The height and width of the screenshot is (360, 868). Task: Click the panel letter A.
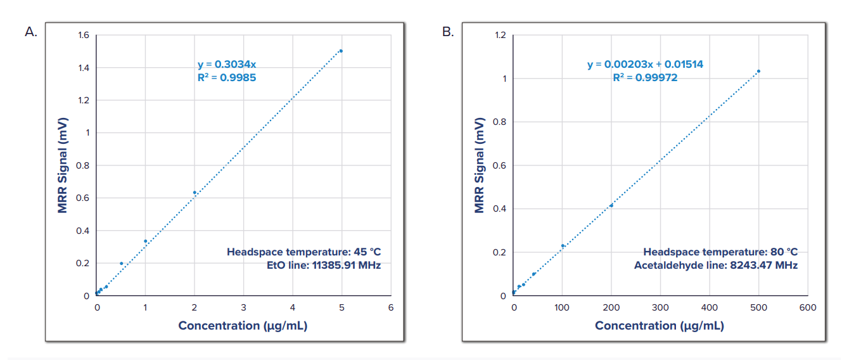click(30, 32)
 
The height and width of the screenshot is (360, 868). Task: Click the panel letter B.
click(448, 32)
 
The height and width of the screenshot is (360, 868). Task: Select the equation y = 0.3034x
click(226, 64)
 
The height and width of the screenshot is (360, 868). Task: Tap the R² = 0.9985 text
click(226, 77)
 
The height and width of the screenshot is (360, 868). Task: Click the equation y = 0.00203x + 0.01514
click(645, 64)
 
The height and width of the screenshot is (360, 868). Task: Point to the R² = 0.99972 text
click(645, 77)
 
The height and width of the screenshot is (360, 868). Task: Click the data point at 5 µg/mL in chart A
click(341, 51)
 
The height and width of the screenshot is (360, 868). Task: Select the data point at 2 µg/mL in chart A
click(195, 192)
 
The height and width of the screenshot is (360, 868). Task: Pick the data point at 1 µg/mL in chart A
click(146, 241)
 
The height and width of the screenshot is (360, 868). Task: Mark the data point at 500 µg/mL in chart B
click(758, 71)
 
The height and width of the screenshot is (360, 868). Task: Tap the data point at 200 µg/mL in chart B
click(611, 205)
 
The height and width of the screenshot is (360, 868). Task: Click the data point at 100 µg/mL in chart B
click(562, 245)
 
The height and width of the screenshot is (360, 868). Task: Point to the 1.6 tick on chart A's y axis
click(84, 35)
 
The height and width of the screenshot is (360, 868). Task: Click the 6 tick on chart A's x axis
click(390, 307)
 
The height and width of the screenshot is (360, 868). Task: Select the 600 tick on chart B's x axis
click(808, 307)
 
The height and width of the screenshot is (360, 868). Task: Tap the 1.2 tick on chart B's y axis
click(501, 35)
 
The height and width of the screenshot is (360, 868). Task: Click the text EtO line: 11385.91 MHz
click(324, 266)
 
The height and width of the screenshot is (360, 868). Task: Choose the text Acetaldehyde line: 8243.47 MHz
click(716, 266)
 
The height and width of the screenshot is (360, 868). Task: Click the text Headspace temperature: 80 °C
click(720, 252)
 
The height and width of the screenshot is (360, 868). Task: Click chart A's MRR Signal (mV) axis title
click(63, 165)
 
